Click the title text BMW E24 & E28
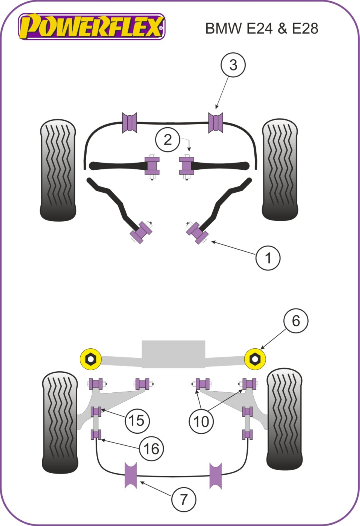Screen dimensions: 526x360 coord(261,28)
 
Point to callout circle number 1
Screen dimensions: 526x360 coord(268,258)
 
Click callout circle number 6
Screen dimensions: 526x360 coord(296,321)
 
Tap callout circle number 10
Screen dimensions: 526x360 coord(202,421)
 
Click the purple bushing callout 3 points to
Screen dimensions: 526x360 coord(216,123)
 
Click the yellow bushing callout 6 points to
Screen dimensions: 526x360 coord(255,358)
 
